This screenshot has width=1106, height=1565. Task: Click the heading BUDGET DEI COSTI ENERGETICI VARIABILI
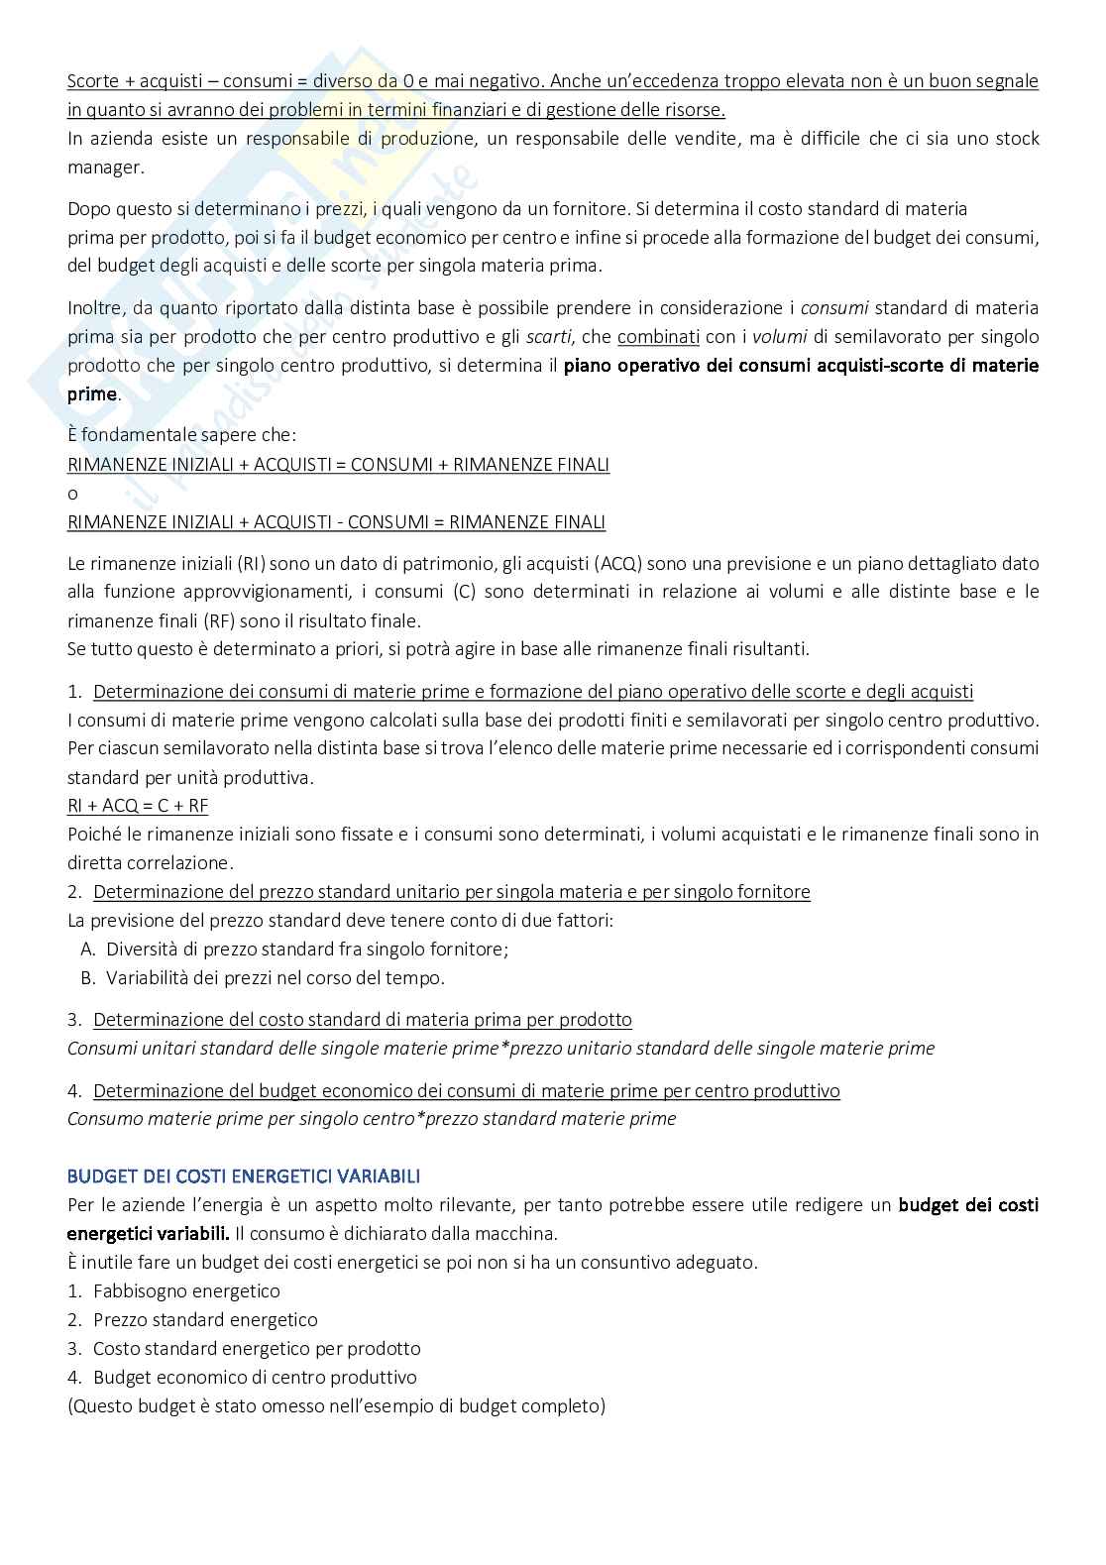click(x=243, y=1176)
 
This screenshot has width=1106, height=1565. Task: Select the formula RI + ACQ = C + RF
click(x=138, y=805)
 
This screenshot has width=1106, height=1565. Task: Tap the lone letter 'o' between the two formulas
click(x=72, y=494)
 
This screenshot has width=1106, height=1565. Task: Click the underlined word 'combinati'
click(x=658, y=336)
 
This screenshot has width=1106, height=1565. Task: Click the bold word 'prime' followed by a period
click(x=91, y=393)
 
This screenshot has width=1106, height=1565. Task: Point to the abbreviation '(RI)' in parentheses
click(x=250, y=563)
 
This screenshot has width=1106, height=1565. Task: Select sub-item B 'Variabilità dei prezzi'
click(x=275, y=977)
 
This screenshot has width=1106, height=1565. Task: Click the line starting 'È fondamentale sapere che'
click(x=181, y=435)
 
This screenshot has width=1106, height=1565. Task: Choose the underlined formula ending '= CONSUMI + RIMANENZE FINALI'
click(x=338, y=464)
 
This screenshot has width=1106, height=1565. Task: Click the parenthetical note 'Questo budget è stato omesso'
click(x=336, y=1405)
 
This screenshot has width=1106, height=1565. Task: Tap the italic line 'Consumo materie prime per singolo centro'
click(x=372, y=1119)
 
